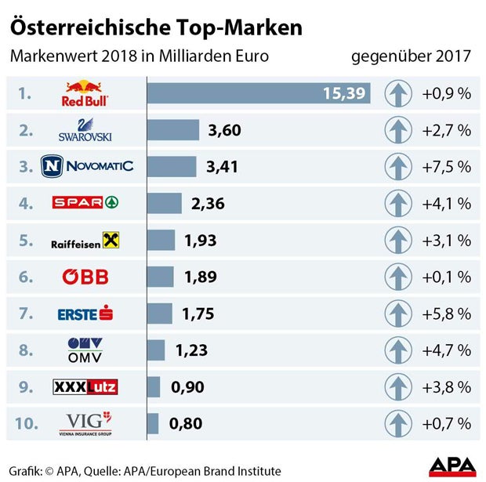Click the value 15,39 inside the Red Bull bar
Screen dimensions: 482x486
point(345,94)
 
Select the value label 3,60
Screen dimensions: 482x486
point(224,130)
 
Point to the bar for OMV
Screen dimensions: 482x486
point(156,350)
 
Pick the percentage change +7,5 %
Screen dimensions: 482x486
point(446,167)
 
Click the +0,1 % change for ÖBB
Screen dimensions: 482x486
point(446,277)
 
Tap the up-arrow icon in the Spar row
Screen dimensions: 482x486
point(398,204)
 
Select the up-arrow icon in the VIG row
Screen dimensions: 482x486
point(398,424)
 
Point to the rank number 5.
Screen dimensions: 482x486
point(26,240)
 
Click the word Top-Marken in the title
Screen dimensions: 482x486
point(234,27)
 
